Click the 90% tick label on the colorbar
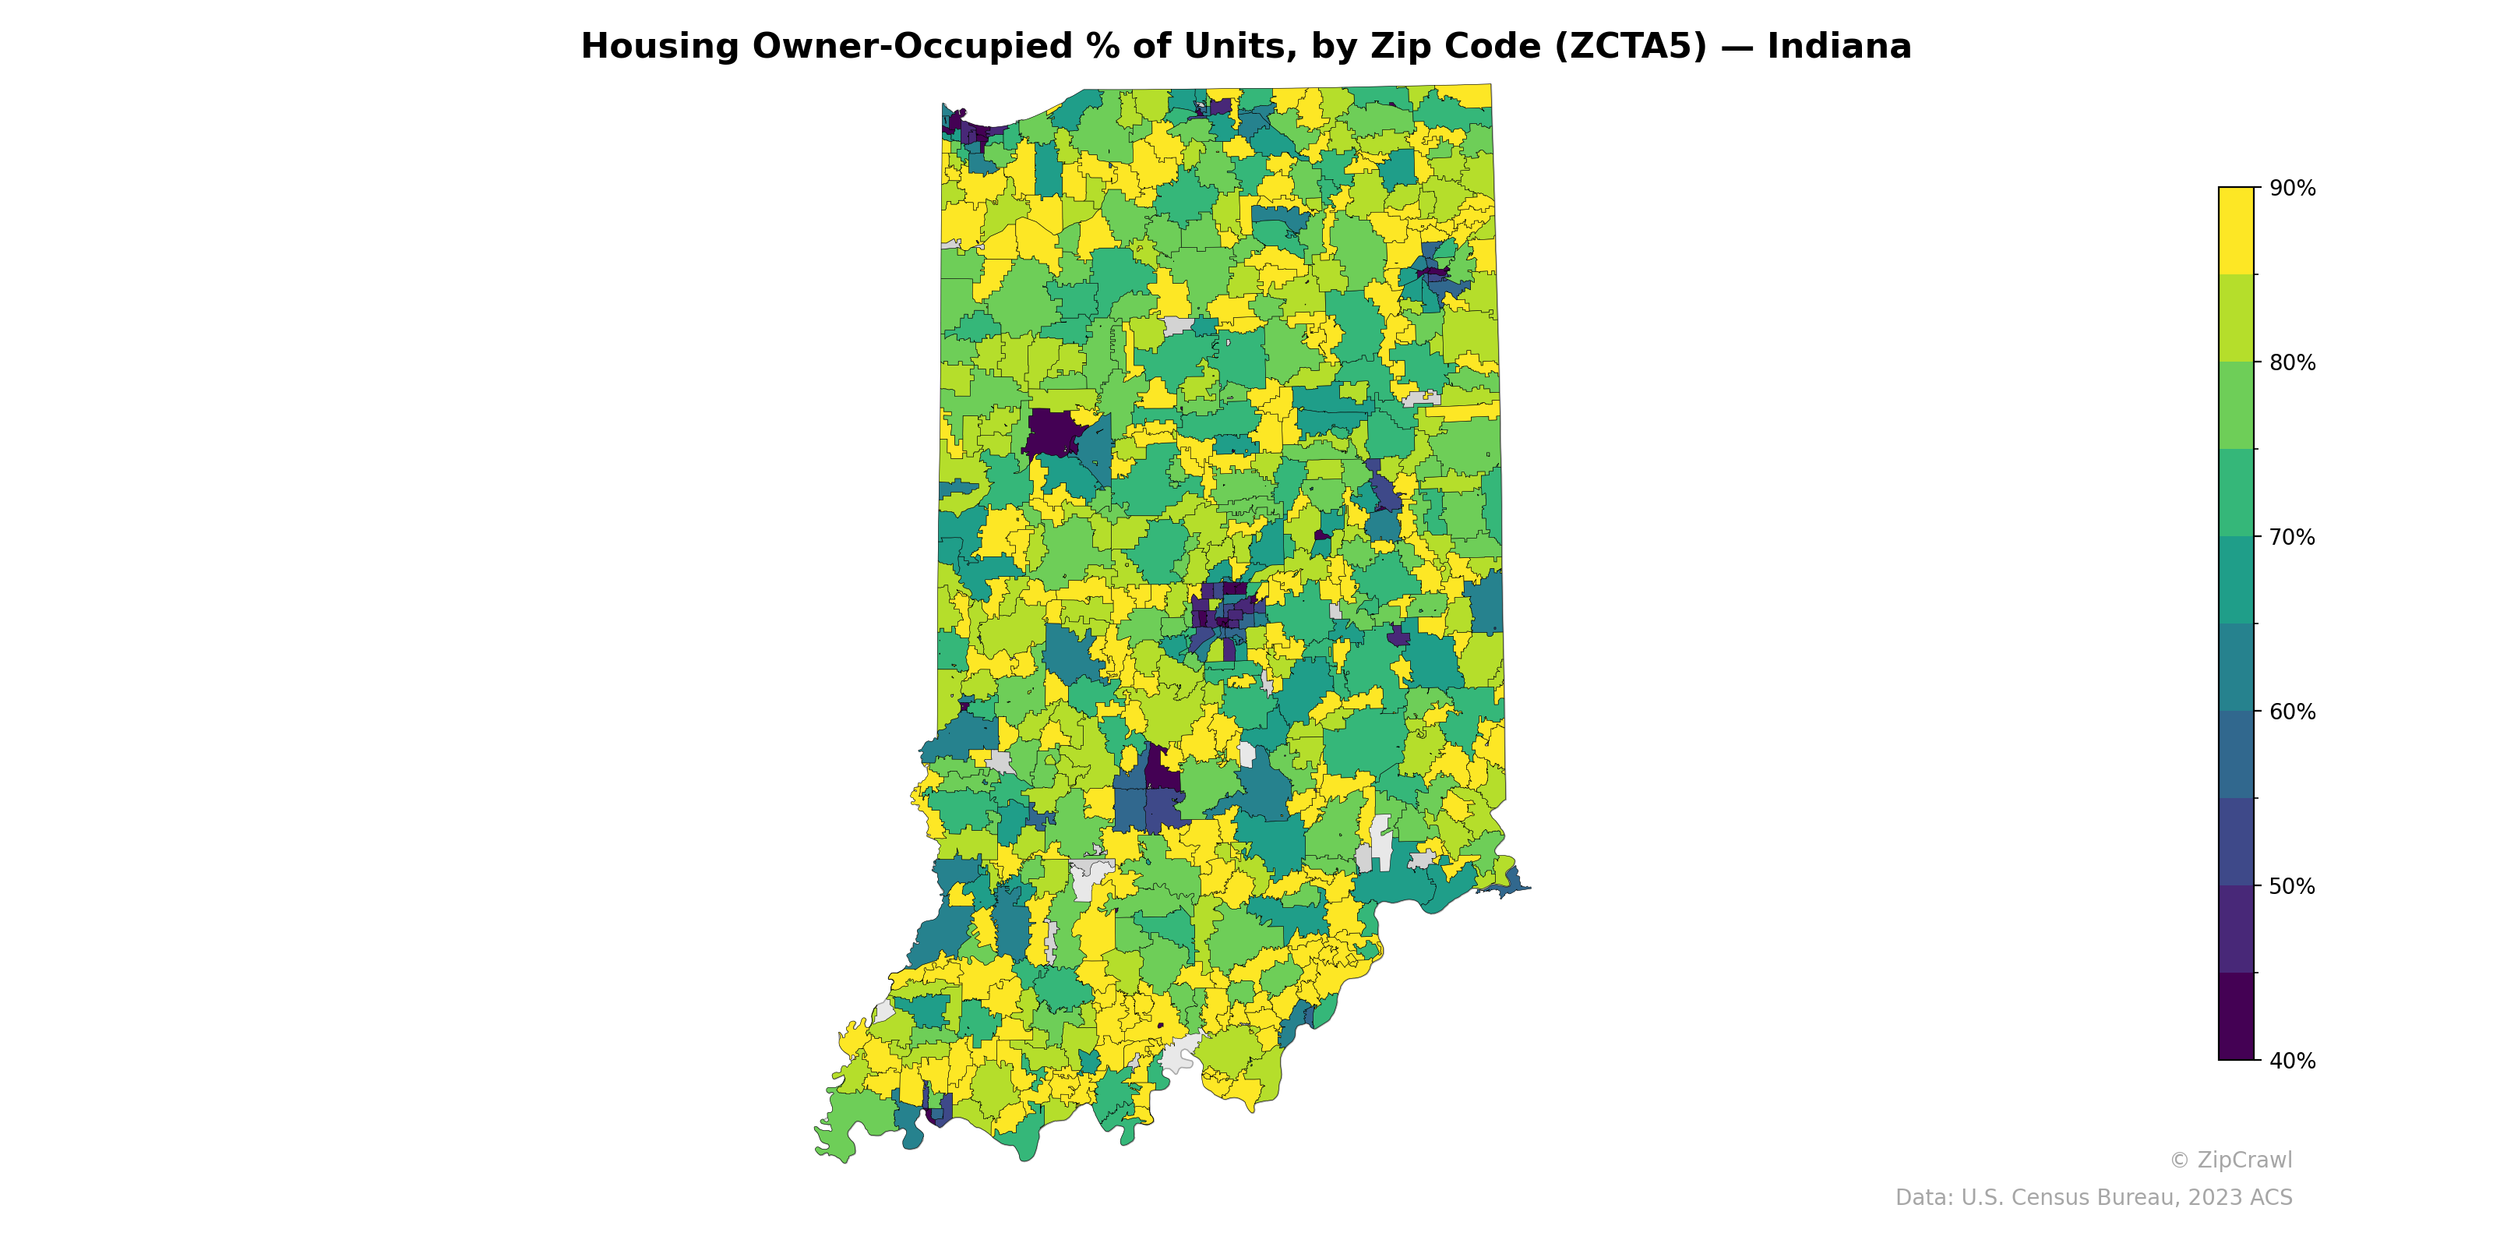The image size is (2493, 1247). click(2292, 189)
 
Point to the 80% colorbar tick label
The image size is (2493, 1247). click(2292, 363)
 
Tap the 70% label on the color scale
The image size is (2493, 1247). click(2292, 537)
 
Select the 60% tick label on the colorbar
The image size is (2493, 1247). click(2292, 712)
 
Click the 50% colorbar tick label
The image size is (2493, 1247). click(2292, 886)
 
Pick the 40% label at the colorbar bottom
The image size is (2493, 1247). click(2292, 1061)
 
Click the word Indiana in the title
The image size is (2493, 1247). click(1839, 47)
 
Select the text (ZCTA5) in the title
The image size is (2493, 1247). click(1631, 47)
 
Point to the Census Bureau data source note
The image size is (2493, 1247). click(2093, 1198)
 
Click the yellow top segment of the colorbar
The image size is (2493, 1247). click(2236, 231)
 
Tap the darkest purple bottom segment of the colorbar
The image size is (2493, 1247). click(2236, 1016)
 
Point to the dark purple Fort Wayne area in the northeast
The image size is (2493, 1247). click(1433, 273)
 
